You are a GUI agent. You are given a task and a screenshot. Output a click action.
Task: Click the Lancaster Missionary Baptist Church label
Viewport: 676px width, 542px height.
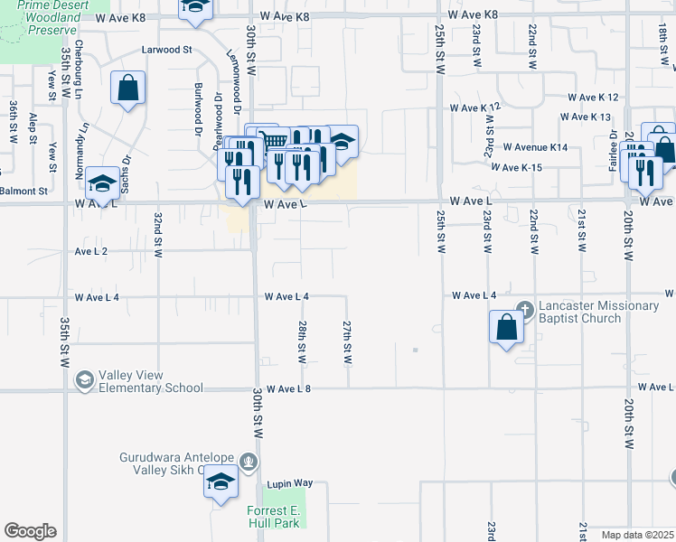click(x=598, y=312)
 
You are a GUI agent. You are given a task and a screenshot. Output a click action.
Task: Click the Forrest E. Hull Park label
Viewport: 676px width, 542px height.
click(x=273, y=517)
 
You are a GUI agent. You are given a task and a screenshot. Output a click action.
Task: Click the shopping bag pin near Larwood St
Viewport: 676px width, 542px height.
click(x=127, y=89)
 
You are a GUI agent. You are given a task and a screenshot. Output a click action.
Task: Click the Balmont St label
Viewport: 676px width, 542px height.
click(x=23, y=192)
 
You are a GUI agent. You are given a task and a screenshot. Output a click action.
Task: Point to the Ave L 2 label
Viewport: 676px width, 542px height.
click(x=91, y=250)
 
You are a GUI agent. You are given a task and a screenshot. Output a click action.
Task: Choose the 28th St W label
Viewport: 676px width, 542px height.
click(x=301, y=341)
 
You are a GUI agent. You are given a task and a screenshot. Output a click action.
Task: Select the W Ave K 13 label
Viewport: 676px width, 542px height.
click(x=585, y=117)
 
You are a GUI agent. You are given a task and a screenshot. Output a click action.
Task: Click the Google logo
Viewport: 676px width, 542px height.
click(x=30, y=531)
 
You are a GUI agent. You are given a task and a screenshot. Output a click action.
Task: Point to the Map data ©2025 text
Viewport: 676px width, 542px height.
click(x=637, y=535)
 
